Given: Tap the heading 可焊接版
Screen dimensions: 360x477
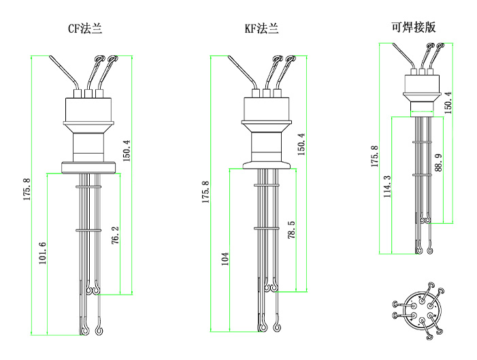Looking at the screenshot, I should coord(413,27).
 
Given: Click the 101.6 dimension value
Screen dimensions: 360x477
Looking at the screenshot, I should coord(42,254).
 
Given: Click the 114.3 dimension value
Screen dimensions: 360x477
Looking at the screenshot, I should coord(387,186).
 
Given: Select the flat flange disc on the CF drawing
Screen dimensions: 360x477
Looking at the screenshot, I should coord(89,165).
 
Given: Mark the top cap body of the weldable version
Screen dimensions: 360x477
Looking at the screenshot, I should coord(425,84).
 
